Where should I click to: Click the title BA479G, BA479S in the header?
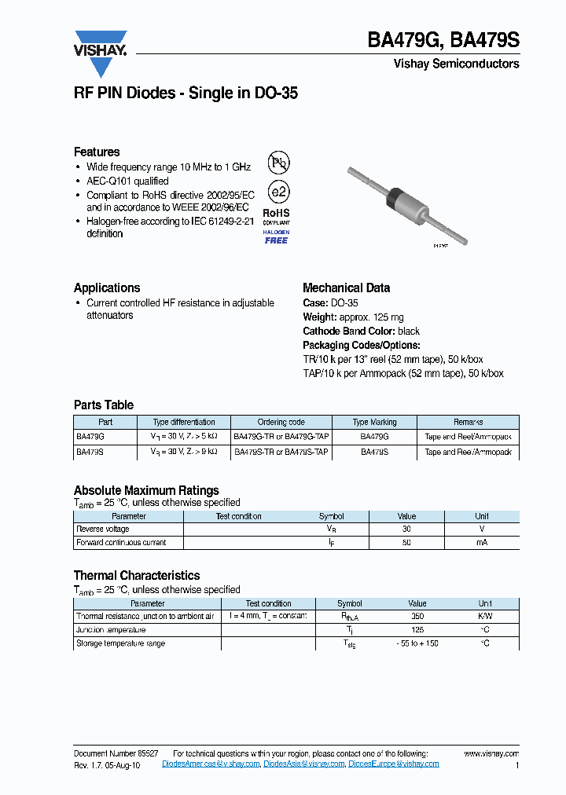443,42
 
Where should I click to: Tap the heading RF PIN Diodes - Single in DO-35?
186,93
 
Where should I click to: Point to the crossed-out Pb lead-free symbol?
278,163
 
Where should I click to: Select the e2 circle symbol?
278,192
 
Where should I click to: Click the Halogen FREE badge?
276,237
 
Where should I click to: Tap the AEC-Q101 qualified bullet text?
127,181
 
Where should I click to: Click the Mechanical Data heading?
346,288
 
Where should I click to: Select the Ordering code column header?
281,422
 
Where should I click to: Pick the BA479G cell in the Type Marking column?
374,436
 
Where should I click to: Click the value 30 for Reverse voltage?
406,529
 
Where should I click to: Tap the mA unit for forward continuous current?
482,543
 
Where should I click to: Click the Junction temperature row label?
111,630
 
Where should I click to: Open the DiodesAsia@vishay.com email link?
303,764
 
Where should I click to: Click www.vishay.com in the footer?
491,753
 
